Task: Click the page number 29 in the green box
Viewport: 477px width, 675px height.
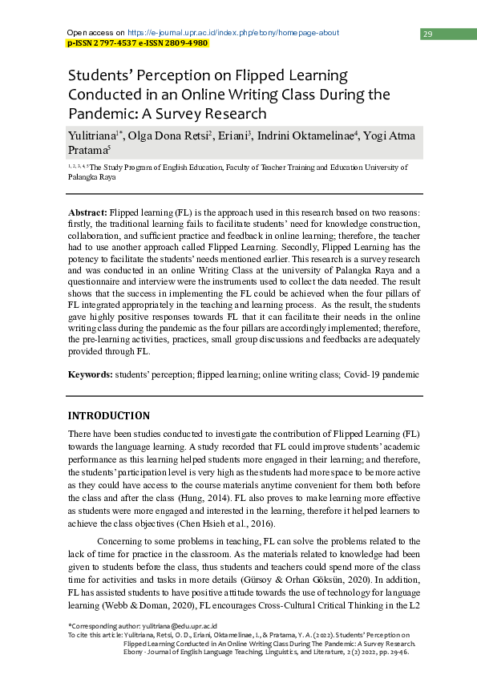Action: coord(428,34)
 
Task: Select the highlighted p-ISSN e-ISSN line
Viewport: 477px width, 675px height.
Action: coord(137,43)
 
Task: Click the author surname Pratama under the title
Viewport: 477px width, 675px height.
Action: coord(87,150)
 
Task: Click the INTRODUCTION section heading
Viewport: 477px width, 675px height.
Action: coord(108,415)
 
